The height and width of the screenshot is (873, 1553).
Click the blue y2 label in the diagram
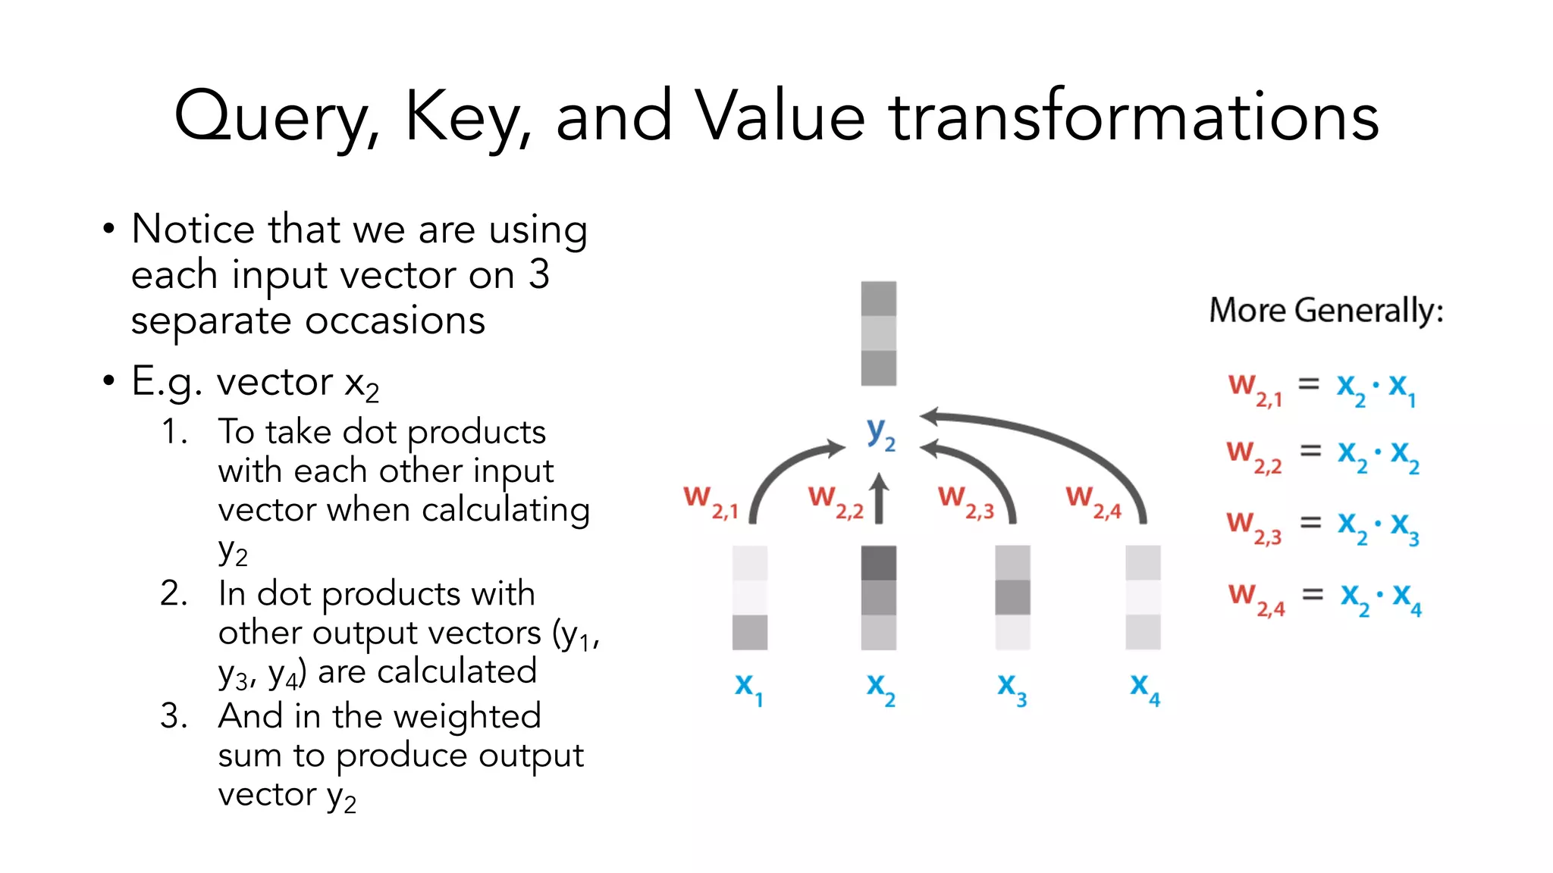[880, 433]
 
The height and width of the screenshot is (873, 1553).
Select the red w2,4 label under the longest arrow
[1093, 502]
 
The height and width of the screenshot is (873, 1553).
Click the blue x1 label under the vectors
[748, 688]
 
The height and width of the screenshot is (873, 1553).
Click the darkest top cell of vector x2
[878, 563]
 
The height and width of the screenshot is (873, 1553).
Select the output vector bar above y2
[878, 333]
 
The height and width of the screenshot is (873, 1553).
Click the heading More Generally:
[1326, 311]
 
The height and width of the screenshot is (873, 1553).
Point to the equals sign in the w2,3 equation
[1310, 523]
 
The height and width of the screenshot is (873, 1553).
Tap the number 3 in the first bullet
[539, 274]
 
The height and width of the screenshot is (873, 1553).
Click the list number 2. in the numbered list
[174, 593]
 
